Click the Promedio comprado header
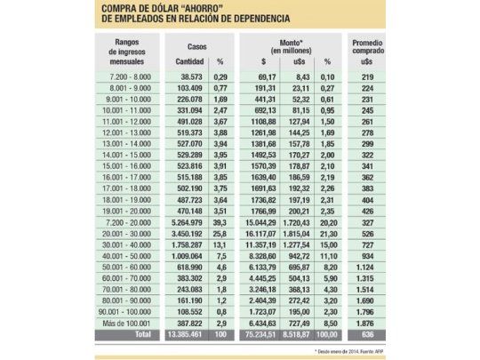click(x=368, y=48)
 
